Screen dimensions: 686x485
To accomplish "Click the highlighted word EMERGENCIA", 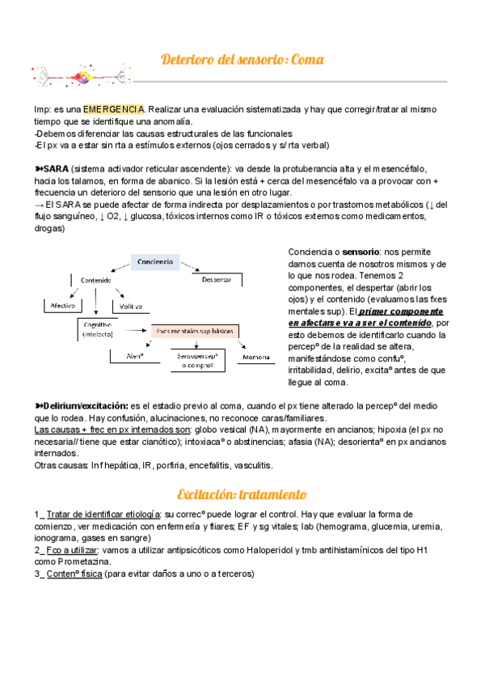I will [113, 109].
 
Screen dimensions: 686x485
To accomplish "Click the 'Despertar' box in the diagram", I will [216, 280].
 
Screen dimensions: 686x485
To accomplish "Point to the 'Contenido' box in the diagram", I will [95, 280].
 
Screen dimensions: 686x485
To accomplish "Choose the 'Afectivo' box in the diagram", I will [59, 307].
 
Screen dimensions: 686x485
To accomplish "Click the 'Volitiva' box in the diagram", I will [131, 307].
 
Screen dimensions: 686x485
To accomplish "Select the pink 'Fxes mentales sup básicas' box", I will [194, 331].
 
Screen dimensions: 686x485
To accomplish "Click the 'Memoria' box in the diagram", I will [256, 357].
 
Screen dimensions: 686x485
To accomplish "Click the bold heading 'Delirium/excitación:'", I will [84, 405].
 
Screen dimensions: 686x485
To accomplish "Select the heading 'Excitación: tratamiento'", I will [242, 494].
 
